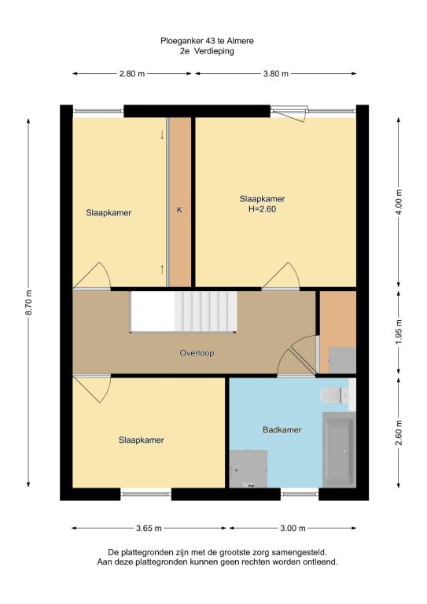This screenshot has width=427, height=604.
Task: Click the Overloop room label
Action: (197, 353)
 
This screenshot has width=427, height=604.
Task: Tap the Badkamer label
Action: (282, 429)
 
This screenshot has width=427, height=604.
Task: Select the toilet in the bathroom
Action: (334, 396)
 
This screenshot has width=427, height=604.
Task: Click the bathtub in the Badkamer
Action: (339, 450)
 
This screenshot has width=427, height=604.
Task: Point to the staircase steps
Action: (205, 311)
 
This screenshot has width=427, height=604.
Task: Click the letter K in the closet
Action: (179, 210)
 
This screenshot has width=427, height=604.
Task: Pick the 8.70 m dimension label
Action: (29, 302)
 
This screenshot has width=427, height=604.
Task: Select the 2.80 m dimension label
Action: (132, 74)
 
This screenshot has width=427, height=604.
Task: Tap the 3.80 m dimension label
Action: (276, 74)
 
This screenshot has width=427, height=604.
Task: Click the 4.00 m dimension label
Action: (399, 202)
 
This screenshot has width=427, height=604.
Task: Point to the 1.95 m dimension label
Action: (399, 332)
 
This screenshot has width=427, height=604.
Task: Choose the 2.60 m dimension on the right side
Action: (399, 433)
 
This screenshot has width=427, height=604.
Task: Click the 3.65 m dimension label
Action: (149, 528)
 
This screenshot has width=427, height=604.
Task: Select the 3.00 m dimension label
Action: (293, 528)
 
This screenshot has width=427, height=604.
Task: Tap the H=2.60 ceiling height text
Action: (262, 209)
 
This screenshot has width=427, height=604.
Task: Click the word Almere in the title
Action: (240, 41)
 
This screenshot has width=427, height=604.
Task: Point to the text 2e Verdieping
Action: (207, 51)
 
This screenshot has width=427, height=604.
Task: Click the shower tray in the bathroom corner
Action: (248, 469)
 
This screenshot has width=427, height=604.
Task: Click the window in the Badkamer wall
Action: (300, 494)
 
